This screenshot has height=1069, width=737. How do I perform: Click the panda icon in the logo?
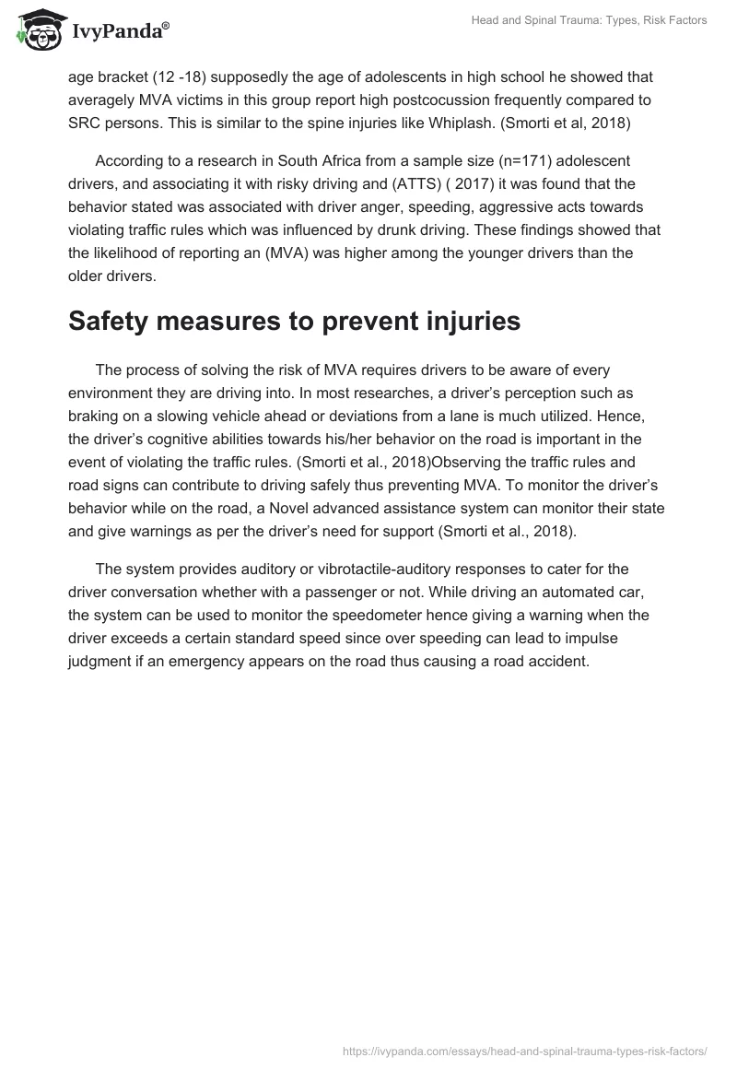point(37,31)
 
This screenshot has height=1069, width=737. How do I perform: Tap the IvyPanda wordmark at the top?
point(119,32)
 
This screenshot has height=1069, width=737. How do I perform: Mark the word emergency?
point(358,660)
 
